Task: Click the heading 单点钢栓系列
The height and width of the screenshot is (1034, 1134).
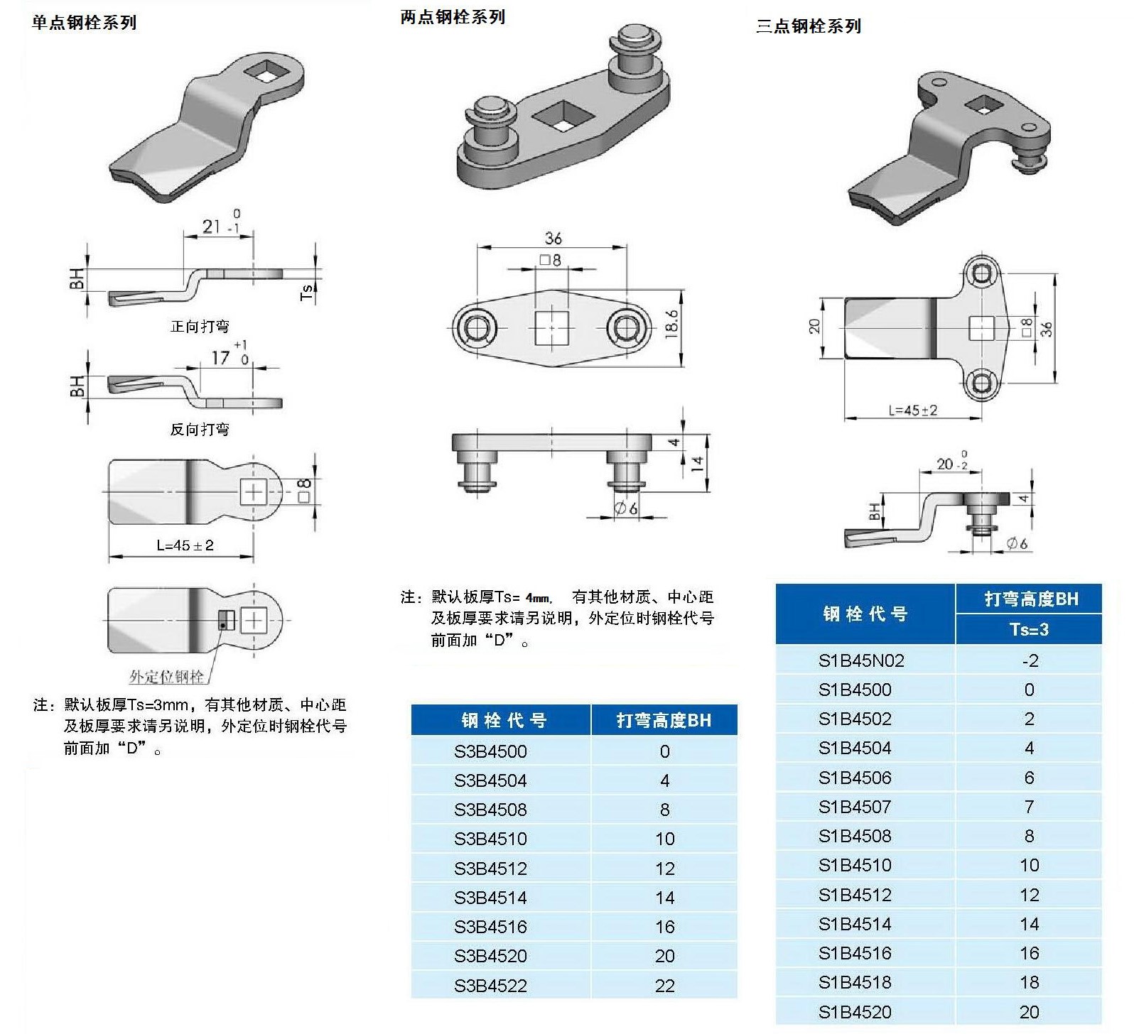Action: [85, 23]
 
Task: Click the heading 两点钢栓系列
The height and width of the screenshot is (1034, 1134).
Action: [453, 18]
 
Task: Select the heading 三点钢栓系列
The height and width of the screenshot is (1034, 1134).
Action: [809, 27]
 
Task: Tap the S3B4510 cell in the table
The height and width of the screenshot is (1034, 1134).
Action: [490, 839]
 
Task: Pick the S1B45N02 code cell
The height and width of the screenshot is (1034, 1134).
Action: [861, 660]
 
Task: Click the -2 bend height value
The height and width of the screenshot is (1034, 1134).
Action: [1030, 660]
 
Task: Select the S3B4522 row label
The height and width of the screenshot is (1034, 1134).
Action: [490, 985]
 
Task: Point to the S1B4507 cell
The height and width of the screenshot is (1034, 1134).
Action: [854, 807]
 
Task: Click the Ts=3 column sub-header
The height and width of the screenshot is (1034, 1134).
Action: [1029, 629]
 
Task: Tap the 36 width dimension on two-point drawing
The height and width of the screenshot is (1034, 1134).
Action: [553, 238]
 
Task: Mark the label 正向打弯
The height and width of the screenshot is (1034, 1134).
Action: [200, 327]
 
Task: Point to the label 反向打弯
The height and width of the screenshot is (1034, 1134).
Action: [200, 430]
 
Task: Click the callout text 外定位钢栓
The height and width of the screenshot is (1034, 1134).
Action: [166, 676]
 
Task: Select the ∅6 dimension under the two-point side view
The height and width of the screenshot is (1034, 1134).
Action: [625, 508]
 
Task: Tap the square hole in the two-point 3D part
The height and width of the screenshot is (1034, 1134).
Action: [561, 116]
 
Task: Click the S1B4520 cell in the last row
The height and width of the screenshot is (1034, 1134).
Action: [854, 1012]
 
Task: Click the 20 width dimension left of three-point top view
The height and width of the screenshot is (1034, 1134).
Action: [815, 326]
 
